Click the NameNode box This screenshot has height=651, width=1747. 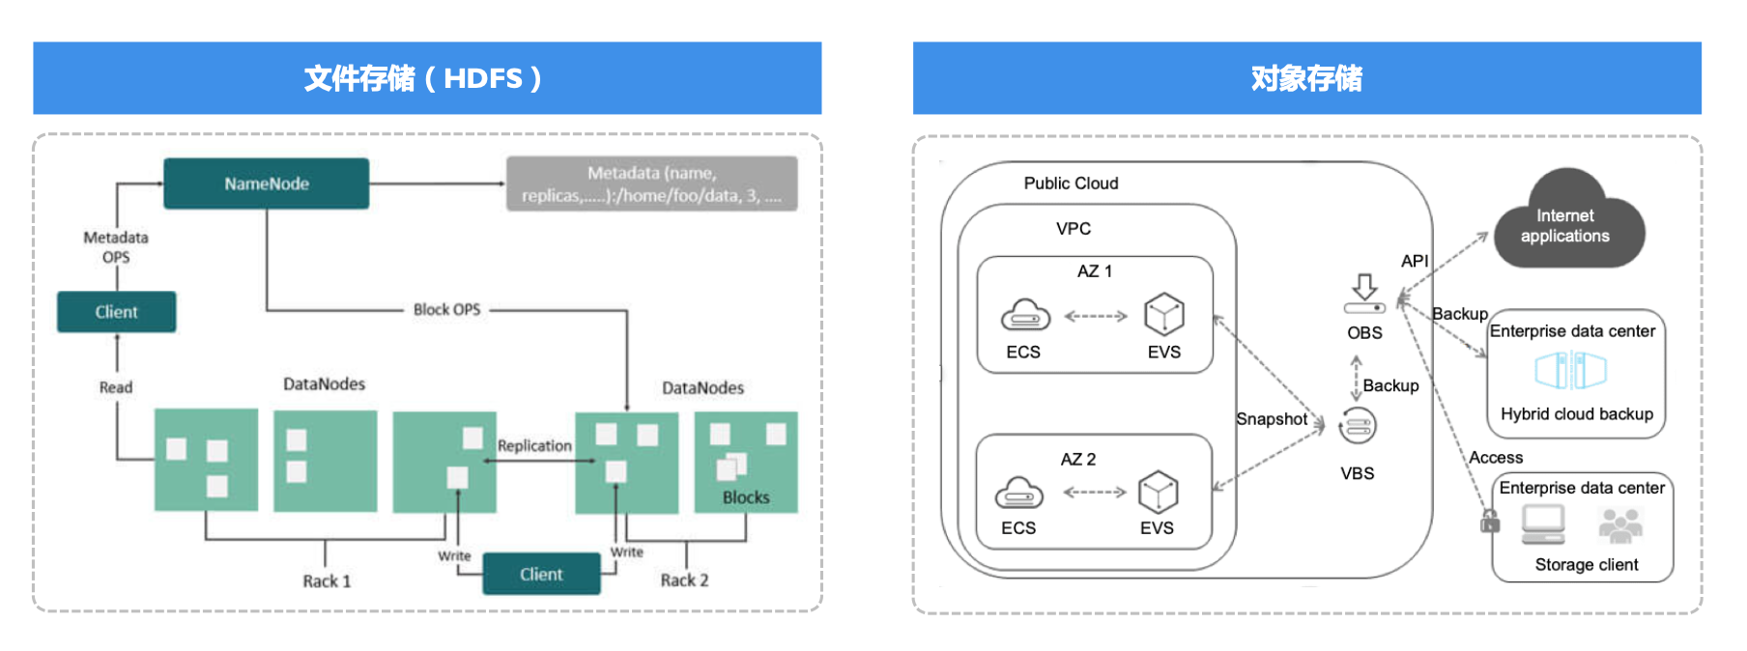coord(266,184)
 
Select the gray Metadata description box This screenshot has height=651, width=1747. coord(651,184)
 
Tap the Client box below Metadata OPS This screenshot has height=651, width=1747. coord(116,312)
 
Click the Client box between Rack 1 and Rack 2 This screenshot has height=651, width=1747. coord(541,574)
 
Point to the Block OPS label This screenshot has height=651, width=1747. coord(446,309)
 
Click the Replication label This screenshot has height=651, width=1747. coord(534,445)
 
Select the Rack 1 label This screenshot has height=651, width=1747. coord(327,580)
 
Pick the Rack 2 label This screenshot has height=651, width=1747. coord(684,580)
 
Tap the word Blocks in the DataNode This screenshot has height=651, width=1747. coord(746,497)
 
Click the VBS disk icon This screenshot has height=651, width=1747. coord(1358,426)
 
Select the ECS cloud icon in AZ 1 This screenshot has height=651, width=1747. coord(1024,315)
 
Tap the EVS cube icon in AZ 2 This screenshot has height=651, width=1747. coord(1158,492)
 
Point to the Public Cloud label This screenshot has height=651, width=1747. coord(1071,184)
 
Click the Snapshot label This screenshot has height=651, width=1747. coord(1271,419)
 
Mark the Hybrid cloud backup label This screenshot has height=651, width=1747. coord(1576,414)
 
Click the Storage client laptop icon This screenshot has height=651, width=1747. coord(1542,524)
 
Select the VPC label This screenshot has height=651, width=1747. coord(1073,229)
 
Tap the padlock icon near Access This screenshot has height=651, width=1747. coord(1490,522)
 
